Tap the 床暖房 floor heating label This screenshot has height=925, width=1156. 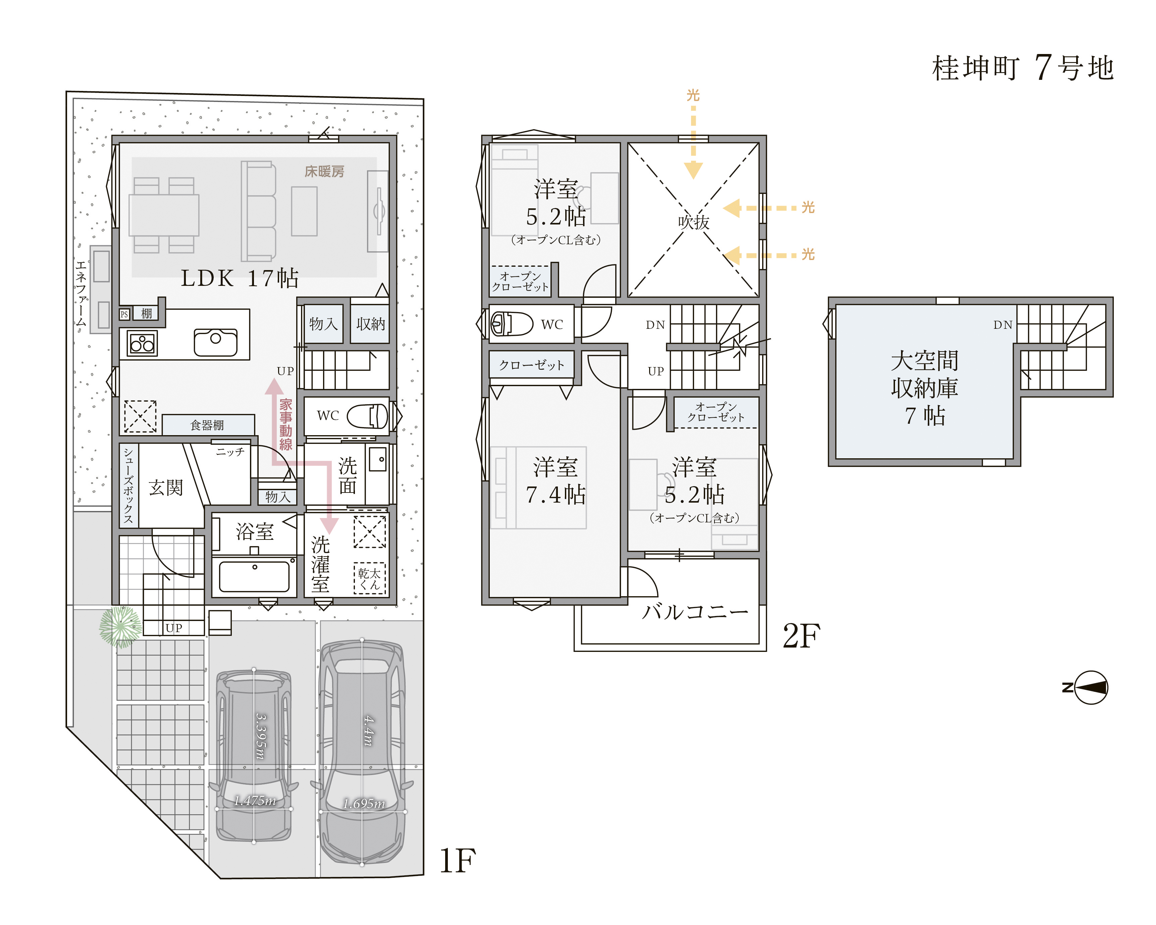[x=324, y=171]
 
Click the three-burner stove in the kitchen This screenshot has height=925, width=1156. [x=142, y=343]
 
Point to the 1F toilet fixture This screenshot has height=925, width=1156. [x=367, y=416]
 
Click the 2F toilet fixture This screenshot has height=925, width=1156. [x=512, y=324]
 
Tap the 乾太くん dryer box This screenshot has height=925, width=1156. [x=369, y=579]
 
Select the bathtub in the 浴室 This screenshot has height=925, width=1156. [x=254, y=576]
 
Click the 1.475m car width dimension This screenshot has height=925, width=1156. [x=255, y=801]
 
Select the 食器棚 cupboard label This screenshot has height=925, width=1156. [x=207, y=425]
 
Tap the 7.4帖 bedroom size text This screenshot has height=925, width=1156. [x=556, y=495]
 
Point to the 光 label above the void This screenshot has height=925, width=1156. [x=693, y=95]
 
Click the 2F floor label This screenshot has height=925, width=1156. [x=802, y=636]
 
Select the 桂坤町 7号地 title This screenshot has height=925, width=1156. [x=1023, y=68]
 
